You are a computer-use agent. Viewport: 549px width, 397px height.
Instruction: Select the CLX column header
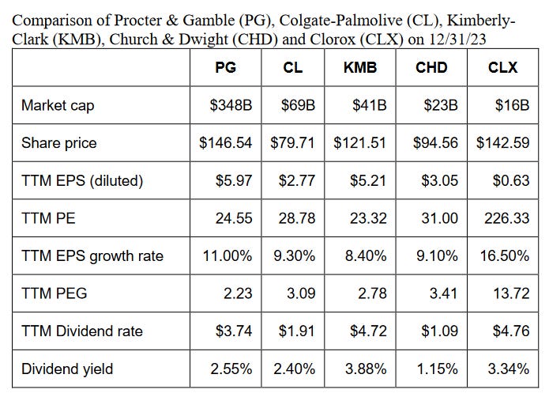point(502,67)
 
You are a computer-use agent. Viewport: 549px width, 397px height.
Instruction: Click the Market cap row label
point(58,105)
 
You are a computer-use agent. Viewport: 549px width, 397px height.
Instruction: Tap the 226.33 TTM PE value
point(506,218)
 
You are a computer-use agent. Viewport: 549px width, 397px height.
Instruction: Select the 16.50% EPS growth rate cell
point(503,256)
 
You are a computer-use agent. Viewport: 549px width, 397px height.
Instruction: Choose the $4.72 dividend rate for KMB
point(367,331)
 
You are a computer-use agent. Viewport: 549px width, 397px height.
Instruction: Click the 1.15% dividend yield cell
point(438,369)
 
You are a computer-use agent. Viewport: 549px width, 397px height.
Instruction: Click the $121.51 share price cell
point(360,143)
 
